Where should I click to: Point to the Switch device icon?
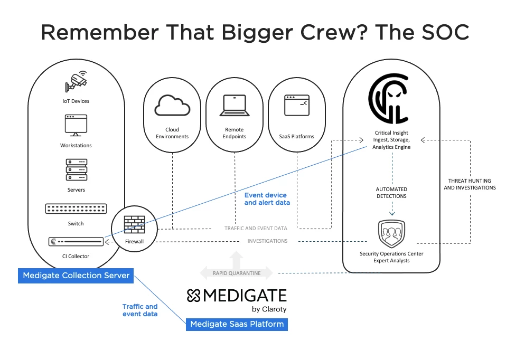coord(76,209)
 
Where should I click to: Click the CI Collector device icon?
coord(76,242)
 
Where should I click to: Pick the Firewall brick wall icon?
coord(134,224)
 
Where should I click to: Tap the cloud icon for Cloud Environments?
coord(172,105)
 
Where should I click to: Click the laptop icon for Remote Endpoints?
coord(234,106)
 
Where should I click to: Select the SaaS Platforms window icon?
coord(296,105)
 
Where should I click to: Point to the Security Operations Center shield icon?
coord(391,233)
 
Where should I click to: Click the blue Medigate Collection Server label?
coord(76,276)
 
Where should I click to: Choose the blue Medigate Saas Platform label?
coord(237,324)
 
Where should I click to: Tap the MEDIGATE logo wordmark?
coord(237,296)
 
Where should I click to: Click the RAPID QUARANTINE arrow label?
coord(236,273)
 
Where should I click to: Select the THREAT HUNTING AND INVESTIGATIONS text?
coord(470,184)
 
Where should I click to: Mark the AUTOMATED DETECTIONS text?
coord(391,193)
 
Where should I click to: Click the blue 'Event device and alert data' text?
coord(267,199)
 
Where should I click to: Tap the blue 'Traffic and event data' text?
coord(140,310)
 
